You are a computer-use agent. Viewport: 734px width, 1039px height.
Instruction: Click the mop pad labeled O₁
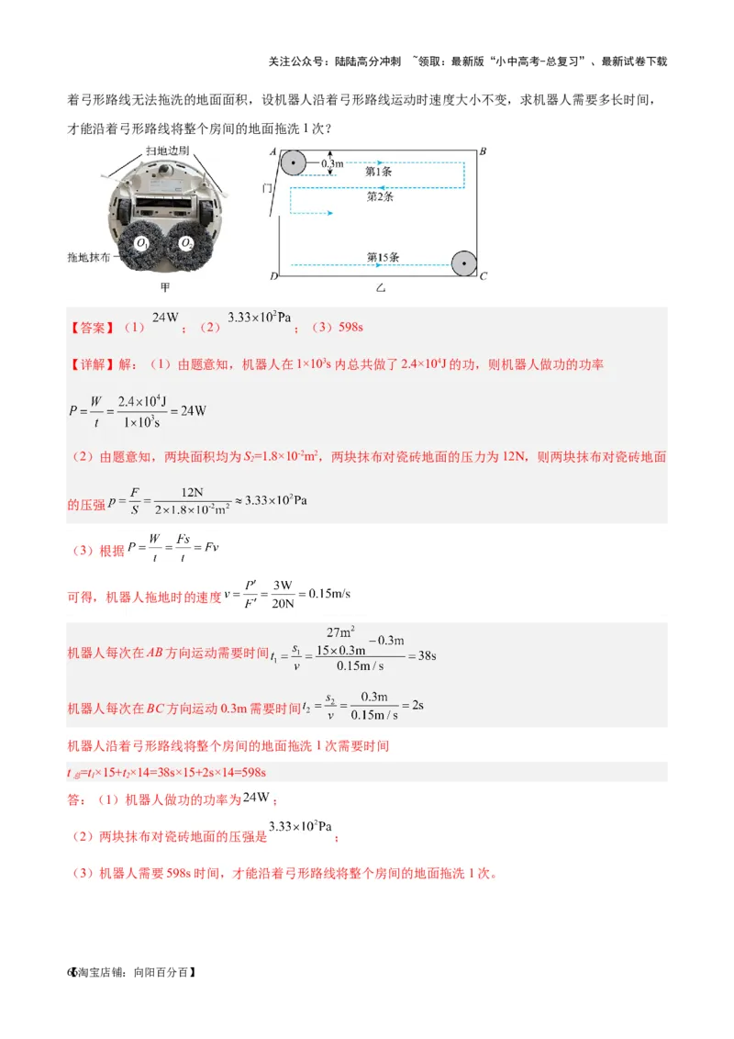[x=141, y=244]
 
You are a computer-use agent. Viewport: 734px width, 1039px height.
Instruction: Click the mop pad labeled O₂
[x=186, y=244]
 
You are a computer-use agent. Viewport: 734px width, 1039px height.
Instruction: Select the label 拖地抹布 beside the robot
[x=88, y=258]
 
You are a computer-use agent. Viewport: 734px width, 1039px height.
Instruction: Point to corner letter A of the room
[x=272, y=151]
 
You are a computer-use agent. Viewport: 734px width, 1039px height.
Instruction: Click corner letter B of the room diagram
[x=483, y=151]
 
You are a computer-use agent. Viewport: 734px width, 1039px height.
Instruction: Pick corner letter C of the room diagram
[x=484, y=275]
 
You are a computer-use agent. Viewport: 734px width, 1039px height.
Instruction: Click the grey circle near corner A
[x=292, y=164]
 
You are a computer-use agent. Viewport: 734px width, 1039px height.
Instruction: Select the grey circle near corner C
[x=464, y=263]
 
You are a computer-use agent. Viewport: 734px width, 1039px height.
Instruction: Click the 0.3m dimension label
[x=332, y=163]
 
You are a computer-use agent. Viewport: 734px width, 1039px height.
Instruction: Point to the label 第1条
[x=380, y=171]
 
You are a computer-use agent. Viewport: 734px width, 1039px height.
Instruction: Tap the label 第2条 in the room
[x=380, y=196]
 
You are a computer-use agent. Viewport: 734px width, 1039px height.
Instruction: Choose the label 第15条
[x=383, y=258]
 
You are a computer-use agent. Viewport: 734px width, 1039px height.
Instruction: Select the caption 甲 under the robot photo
[x=165, y=286]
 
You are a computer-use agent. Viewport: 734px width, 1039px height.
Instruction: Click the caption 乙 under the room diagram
[x=381, y=288]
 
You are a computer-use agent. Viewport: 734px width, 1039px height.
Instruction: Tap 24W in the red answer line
[x=165, y=318]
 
